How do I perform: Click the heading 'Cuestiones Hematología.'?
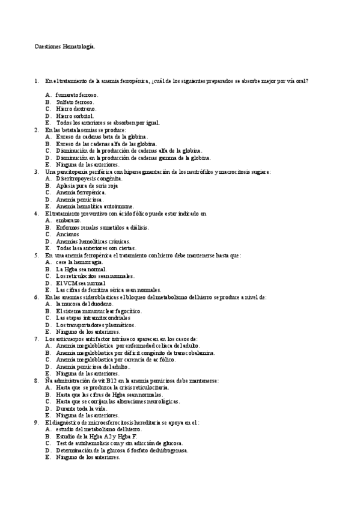point(64,46)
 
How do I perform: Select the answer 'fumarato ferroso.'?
point(77,94)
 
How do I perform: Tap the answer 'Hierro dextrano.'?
point(76,109)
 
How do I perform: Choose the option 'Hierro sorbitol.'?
point(75,115)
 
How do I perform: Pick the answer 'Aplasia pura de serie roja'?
point(87,185)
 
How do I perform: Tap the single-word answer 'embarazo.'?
point(69,220)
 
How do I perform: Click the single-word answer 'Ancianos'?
point(67,234)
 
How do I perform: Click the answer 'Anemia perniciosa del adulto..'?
point(93,366)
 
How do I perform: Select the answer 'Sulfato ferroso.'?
point(75,102)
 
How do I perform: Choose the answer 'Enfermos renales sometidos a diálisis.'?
point(102,227)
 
